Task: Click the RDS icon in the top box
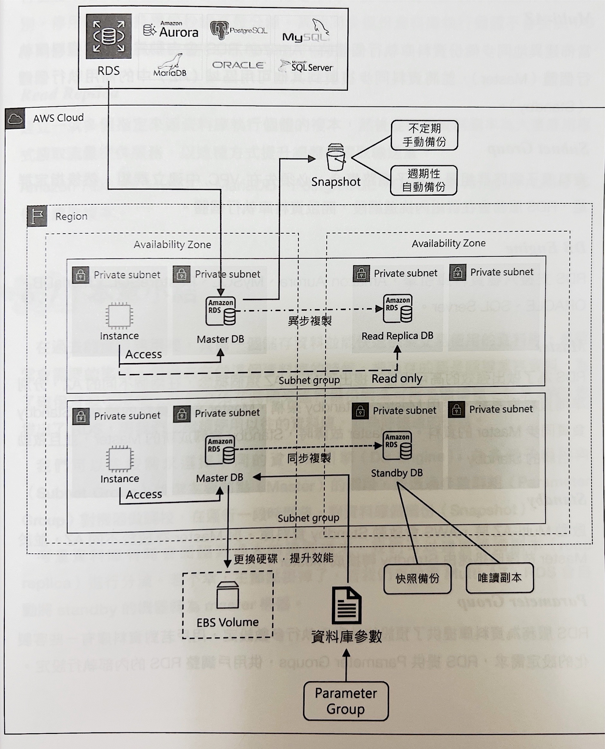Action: click(x=109, y=36)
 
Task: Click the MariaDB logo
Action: click(x=170, y=66)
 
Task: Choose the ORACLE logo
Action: click(x=238, y=65)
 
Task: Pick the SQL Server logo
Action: click(x=306, y=66)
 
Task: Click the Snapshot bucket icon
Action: click(x=336, y=157)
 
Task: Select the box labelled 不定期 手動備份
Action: click(x=424, y=135)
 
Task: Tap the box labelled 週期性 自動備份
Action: click(x=423, y=180)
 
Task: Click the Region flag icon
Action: click(x=37, y=217)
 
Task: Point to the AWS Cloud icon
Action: click(x=15, y=119)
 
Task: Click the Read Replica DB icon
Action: click(x=398, y=309)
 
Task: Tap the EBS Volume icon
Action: click(x=227, y=595)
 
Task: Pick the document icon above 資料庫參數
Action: click(x=346, y=605)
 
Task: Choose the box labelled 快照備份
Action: click(x=417, y=579)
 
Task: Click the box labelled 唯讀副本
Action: click(x=500, y=578)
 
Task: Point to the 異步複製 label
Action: click(x=309, y=321)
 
